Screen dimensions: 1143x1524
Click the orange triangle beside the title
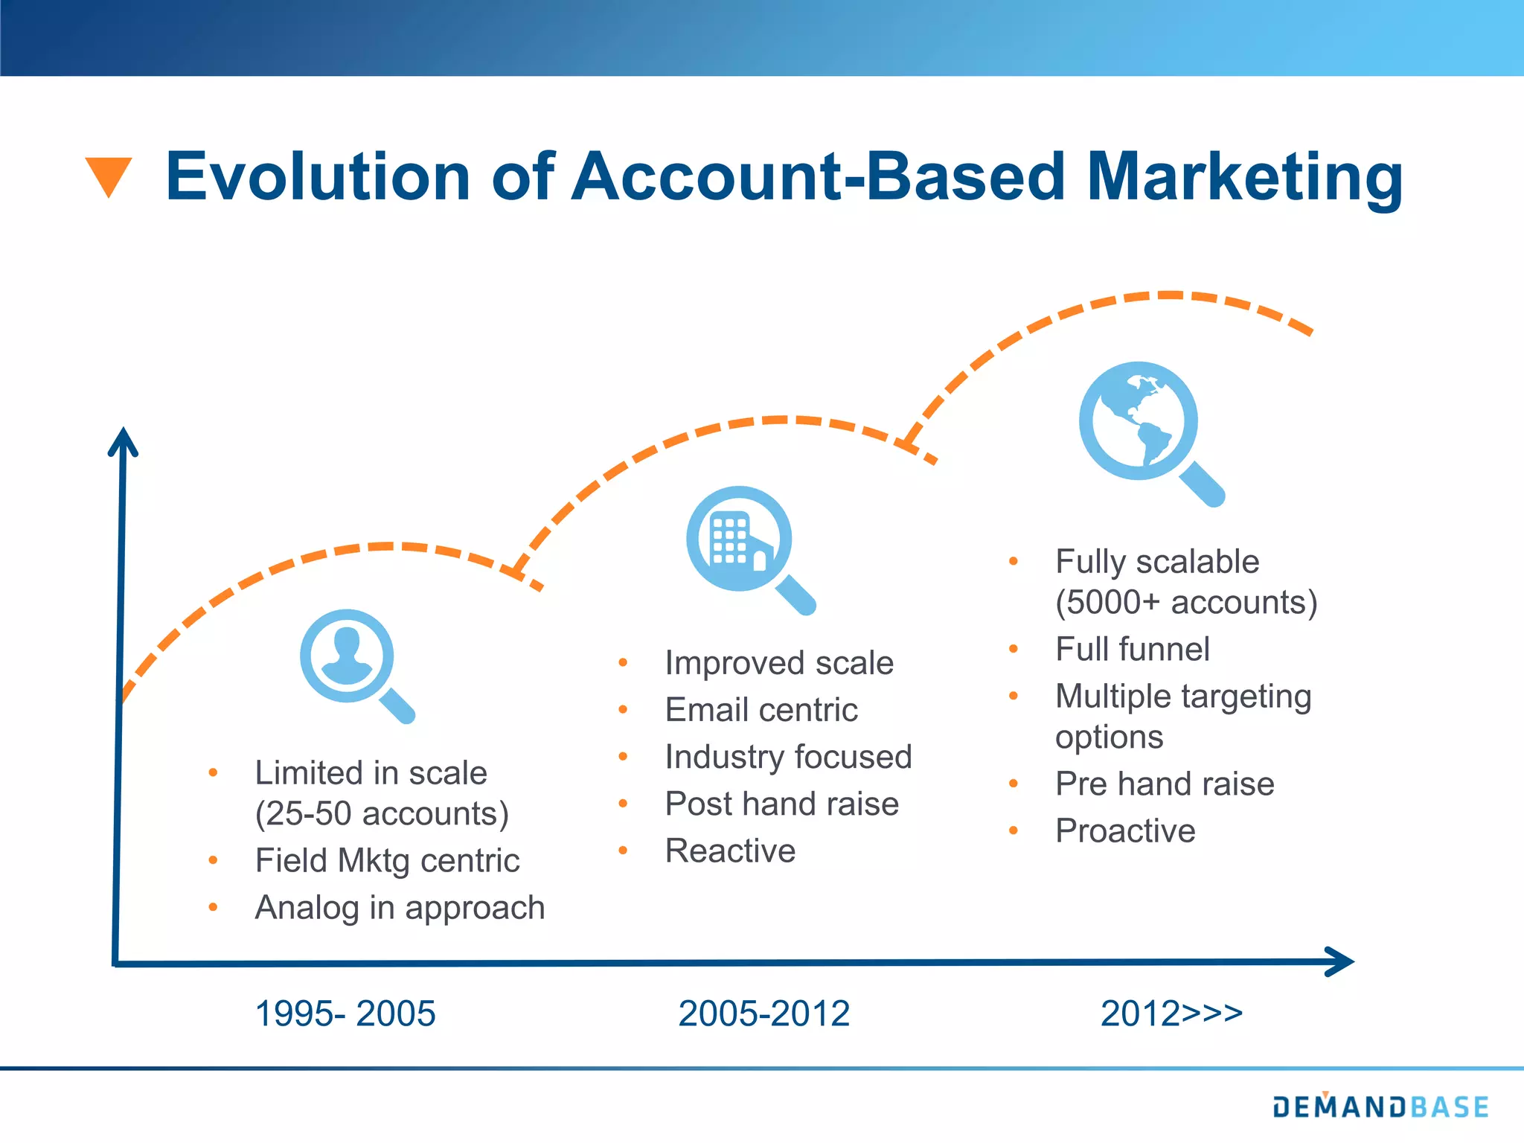click(x=109, y=175)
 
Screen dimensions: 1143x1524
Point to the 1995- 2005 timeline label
click(x=345, y=1014)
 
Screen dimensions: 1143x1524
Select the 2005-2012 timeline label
click(x=763, y=1014)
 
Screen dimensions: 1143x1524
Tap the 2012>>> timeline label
click(x=1171, y=1014)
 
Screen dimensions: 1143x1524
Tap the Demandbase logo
click(x=1380, y=1107)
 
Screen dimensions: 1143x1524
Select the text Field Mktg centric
click(x=387, y=861)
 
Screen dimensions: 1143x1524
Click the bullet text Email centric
click(x=761, y=710)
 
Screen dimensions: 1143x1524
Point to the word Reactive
click(x=730, y=851)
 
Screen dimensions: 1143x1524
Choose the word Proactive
click(x=1125, y=830)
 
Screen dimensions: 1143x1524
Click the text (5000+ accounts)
click(x=1185, y=602)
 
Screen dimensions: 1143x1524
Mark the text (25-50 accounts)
click(x=382, y=813)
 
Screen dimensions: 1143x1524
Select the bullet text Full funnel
click(x=1132, y=649)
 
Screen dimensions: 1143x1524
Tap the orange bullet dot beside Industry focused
click(x=624, y=757)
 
